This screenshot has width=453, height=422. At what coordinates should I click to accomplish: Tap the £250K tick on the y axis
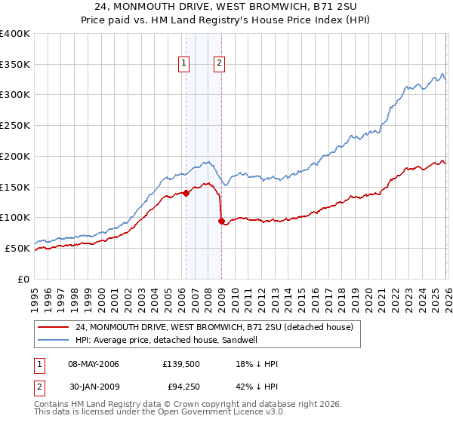14,126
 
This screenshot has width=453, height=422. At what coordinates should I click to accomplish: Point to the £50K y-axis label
17,248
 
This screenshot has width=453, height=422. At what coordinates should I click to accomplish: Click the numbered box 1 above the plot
183,64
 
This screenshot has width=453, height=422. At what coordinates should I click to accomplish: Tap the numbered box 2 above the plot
219,64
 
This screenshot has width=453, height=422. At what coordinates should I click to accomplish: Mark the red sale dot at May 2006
186,194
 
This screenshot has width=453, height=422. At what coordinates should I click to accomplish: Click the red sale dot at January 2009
221,222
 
